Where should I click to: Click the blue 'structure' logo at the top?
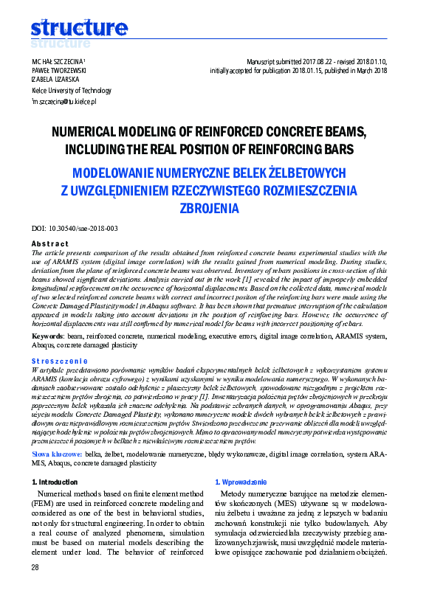pyautogui.click(x=79, y=29)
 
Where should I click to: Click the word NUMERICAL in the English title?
pyautogui.click(x=83, y=132)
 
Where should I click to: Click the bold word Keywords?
pyautogui.click(x=47, y=336)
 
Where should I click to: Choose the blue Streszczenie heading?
pyautogui.click(x=57, y=361)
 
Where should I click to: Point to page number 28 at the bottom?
pyautogui.click(x=35, y=567)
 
